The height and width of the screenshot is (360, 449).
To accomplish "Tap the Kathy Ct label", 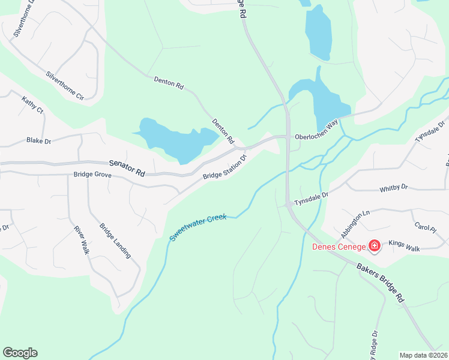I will click(32, 105).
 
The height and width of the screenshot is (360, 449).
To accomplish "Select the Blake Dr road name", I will click(39, 140).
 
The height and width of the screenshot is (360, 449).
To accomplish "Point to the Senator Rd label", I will click(127, 167).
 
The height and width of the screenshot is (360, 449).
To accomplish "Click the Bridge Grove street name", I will click(92, 175).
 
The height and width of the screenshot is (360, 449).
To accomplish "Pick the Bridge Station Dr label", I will click(225, 168).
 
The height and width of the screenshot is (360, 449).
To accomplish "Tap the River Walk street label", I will click(81, 240).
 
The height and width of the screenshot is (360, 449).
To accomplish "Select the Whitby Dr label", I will click(393, 188).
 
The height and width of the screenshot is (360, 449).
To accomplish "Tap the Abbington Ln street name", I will click(355, 224).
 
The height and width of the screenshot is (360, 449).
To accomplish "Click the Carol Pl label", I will click(424, 229).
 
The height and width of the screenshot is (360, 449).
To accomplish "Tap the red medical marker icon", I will click(374, 246).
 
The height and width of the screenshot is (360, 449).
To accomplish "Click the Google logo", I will click(20, 353).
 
